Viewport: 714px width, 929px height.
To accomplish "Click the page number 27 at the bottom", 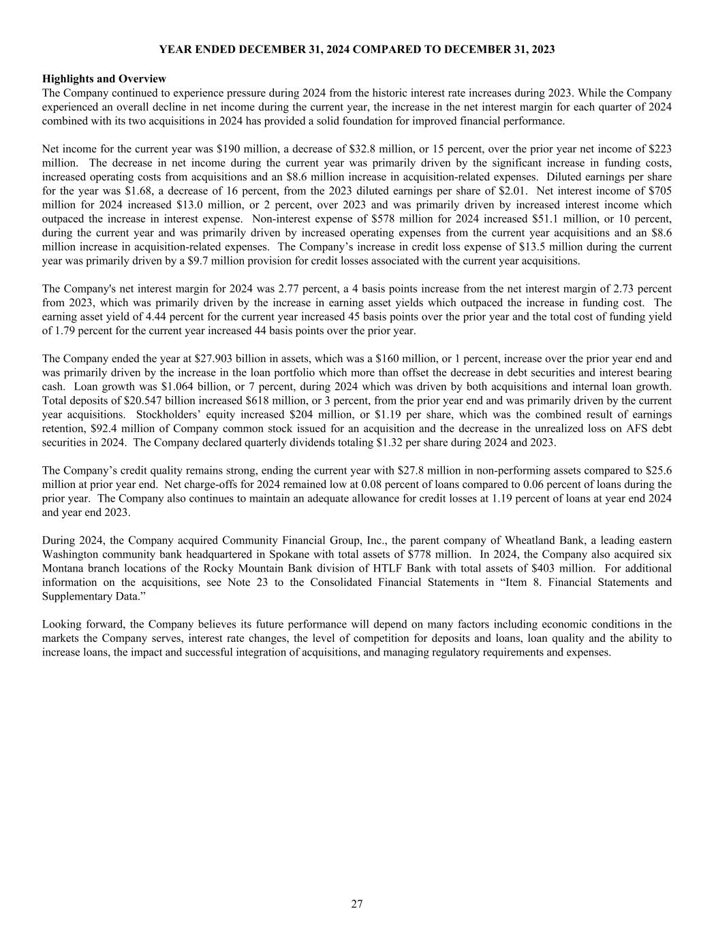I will [357, 904].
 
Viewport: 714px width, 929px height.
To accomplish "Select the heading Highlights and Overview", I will [104, 79].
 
